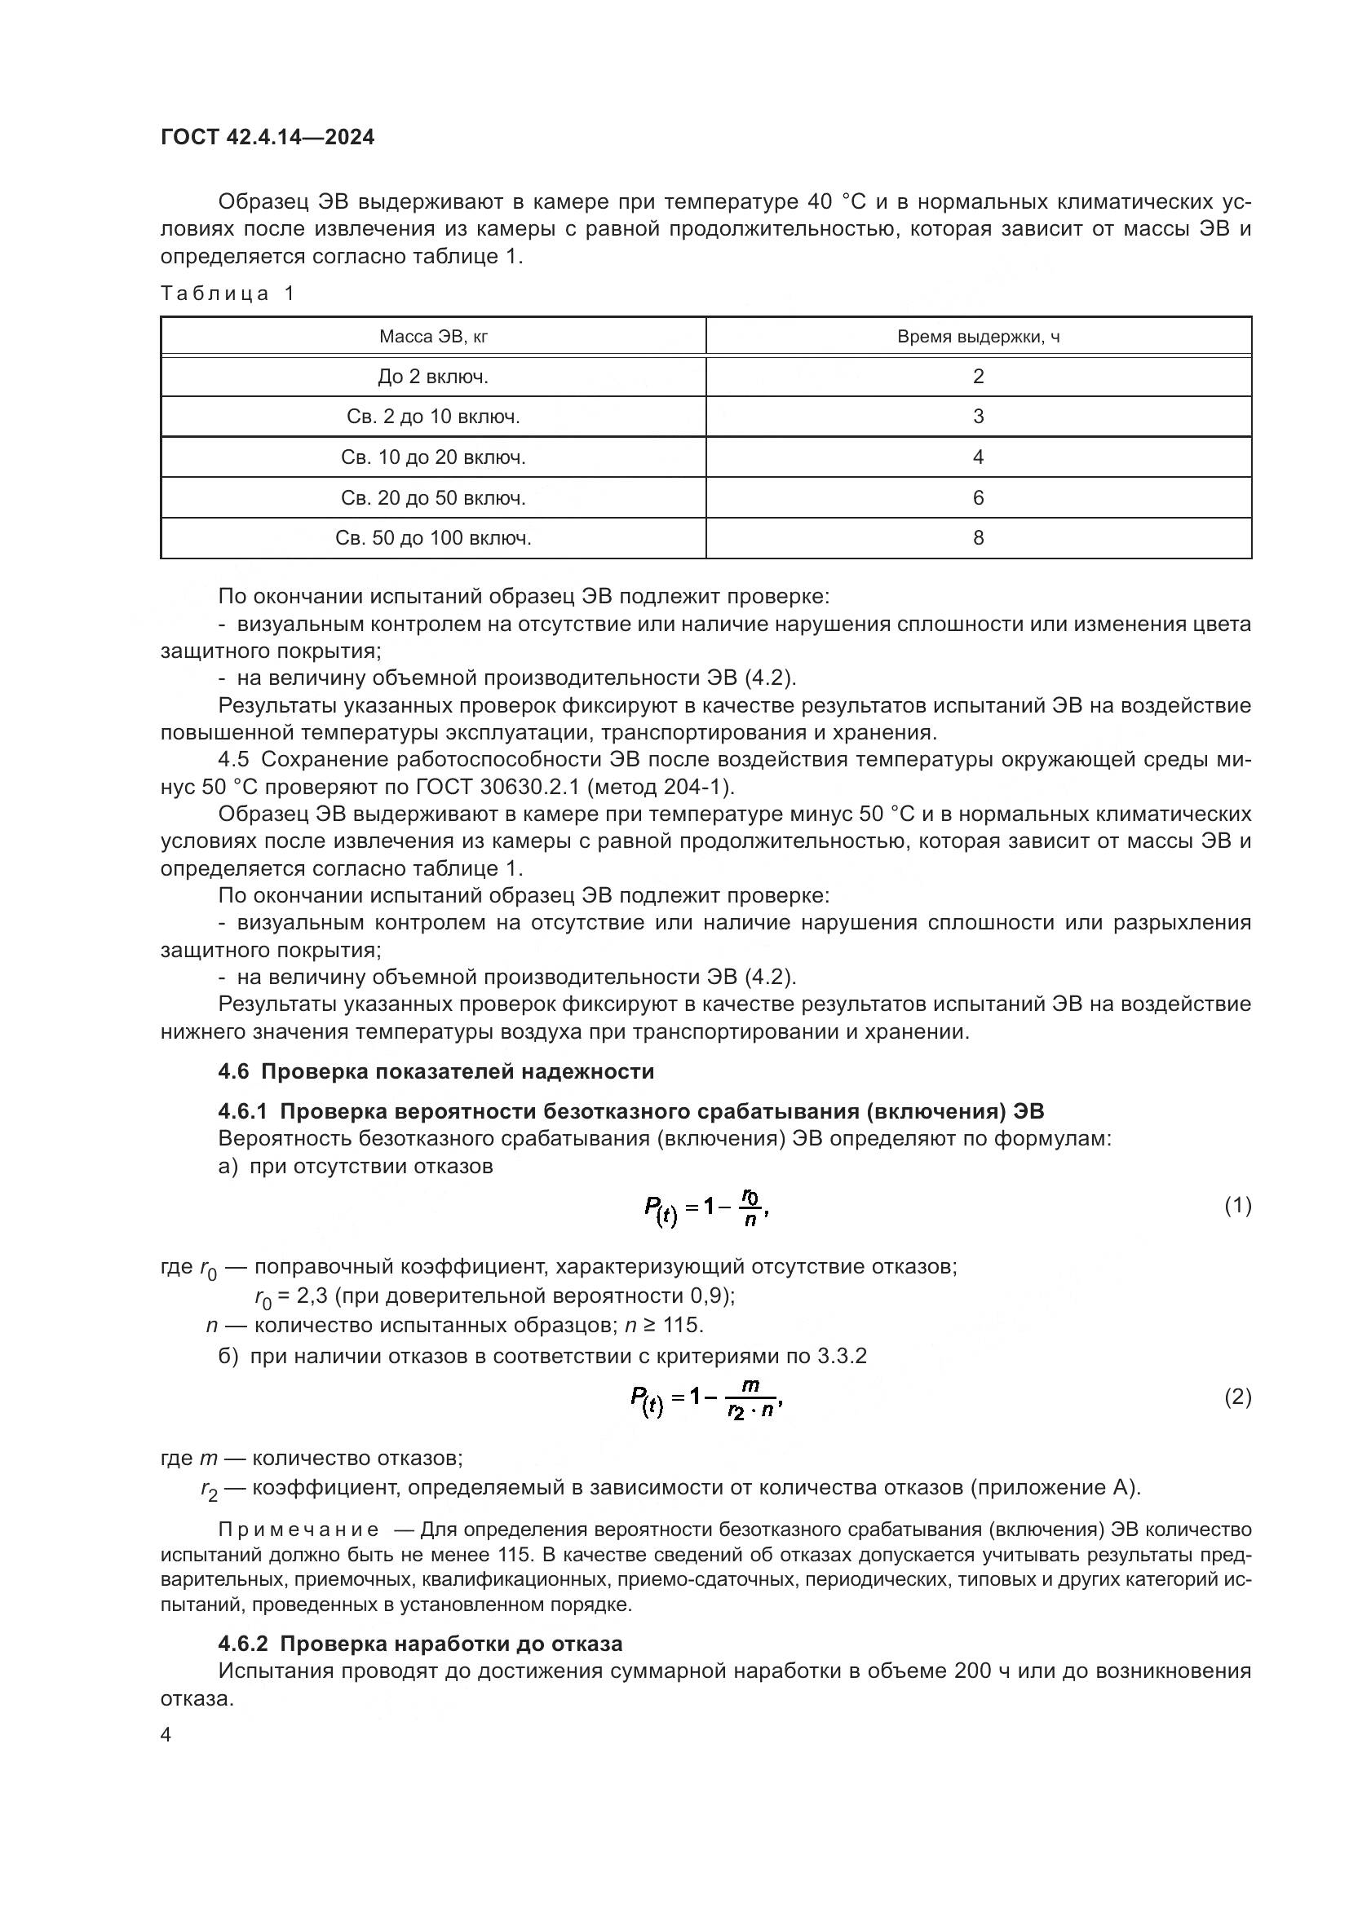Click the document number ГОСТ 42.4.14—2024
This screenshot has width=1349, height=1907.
268,137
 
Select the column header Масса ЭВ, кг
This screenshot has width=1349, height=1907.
433,337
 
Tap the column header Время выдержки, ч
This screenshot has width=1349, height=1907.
978,337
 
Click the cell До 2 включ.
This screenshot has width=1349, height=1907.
433,377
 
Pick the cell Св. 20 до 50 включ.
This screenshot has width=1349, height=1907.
433,498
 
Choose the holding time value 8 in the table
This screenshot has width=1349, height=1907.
978,538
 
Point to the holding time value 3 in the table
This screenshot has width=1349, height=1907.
978,417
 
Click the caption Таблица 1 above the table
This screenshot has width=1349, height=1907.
228,294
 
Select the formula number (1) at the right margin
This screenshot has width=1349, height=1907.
1237,1205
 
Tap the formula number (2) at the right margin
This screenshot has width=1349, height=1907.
1237,1397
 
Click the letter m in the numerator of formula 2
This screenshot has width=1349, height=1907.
750,1384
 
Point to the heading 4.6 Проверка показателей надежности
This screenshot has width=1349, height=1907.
436,1071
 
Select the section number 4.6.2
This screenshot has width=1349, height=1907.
244,1644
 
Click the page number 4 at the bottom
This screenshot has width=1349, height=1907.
166,1735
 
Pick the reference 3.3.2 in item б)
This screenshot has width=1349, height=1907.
842,1357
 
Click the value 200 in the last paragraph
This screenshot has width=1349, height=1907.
973,1671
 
